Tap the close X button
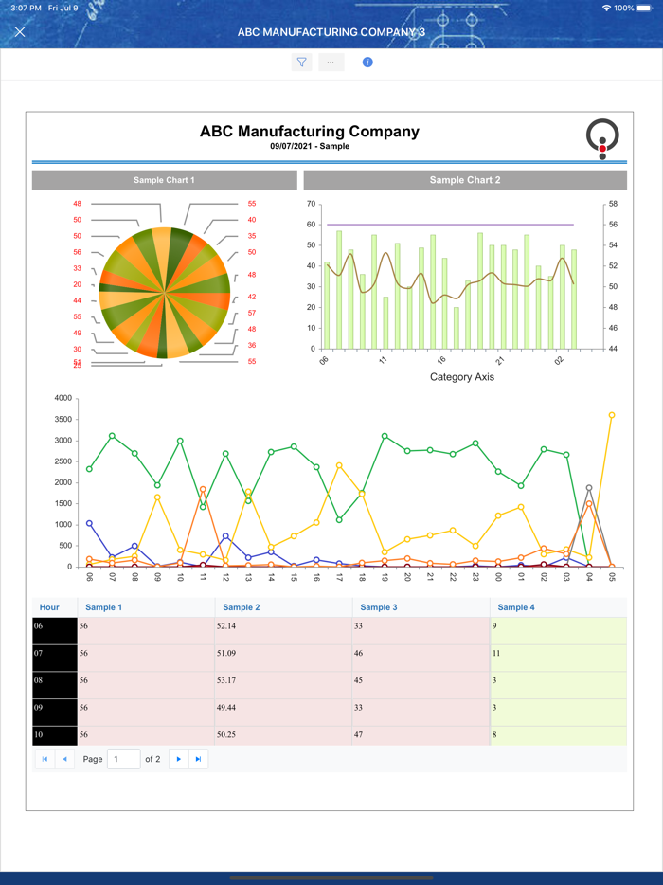20,32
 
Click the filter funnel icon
301,63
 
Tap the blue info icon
367,63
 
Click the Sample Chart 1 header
164,180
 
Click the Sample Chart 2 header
465,180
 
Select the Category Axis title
462,377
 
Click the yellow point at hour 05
612,415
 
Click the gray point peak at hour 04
589,488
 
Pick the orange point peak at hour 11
203,490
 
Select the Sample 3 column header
379,607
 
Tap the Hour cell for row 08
55,680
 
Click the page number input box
123,759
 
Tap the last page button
198,759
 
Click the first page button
45,759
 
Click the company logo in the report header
602,138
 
